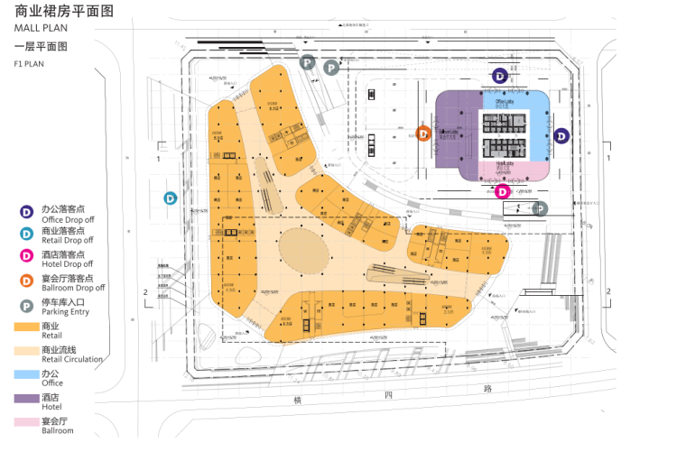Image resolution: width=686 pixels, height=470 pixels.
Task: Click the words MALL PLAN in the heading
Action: (x=42, y=28)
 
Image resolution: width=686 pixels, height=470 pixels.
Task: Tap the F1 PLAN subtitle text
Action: (x=29, y=64)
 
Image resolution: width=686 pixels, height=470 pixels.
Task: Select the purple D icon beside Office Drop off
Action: (x=27, y=212)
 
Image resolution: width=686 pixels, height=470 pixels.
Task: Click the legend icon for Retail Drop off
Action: (x=27, y=235)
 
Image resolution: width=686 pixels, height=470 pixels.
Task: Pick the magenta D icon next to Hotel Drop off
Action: (x=27, y=258)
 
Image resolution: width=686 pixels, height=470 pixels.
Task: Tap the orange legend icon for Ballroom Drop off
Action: (x=27, y=282)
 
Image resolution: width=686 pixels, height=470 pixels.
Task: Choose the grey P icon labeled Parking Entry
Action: (x=27, y=306)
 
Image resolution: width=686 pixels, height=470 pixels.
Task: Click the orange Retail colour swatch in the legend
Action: (x=27, y=326)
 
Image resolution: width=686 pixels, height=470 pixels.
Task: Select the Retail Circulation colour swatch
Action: (x=27, y=350)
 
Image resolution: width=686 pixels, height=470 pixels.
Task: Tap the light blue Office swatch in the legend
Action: (x=27, y=373)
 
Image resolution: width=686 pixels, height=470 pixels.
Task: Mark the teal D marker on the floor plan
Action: (x=170, y=198)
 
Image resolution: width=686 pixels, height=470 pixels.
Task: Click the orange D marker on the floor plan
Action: (x=422, y=134)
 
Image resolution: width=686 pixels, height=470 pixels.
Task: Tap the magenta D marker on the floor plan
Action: (x=503, y=191)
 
